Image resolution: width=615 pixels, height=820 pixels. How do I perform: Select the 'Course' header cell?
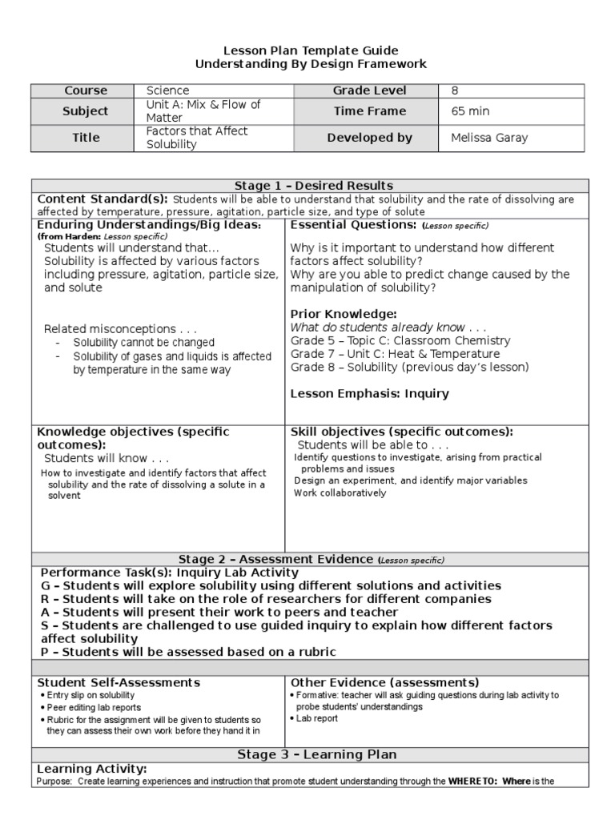86,90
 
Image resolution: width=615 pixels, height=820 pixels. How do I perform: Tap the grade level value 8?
455,90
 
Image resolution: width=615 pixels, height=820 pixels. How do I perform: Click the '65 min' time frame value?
470,111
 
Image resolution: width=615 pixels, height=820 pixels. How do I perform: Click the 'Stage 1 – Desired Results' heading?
313,186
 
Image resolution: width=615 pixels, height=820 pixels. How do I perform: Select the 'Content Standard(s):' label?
102,199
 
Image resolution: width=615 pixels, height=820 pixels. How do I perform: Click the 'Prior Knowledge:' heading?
343,314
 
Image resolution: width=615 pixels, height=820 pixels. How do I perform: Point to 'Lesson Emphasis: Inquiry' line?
369,393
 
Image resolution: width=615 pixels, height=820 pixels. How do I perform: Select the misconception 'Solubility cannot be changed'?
143,343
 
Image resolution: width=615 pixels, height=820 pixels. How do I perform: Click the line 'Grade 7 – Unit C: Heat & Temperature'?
395,354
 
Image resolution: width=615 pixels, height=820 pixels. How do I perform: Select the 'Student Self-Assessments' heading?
119,682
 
